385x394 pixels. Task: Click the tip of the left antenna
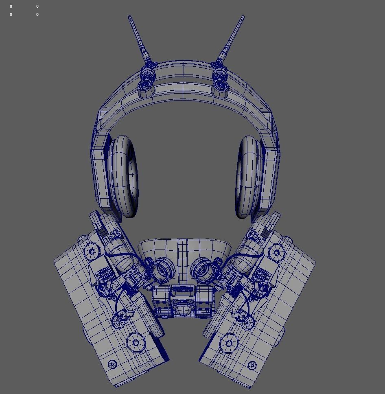(x=129, y=17)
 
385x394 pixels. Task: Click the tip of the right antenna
(x=243, y=17)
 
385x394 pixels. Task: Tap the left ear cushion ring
(x=123, y=177)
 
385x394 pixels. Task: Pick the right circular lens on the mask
(x=202, y=270)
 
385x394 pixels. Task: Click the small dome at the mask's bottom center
(x=184, y=312)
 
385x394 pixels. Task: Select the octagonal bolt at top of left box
(x=92, y=251)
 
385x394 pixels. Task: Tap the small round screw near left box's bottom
(x=112, y=364)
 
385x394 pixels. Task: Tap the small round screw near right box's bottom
(x=252, y=365)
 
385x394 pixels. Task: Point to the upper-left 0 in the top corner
(x=11, y=7)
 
